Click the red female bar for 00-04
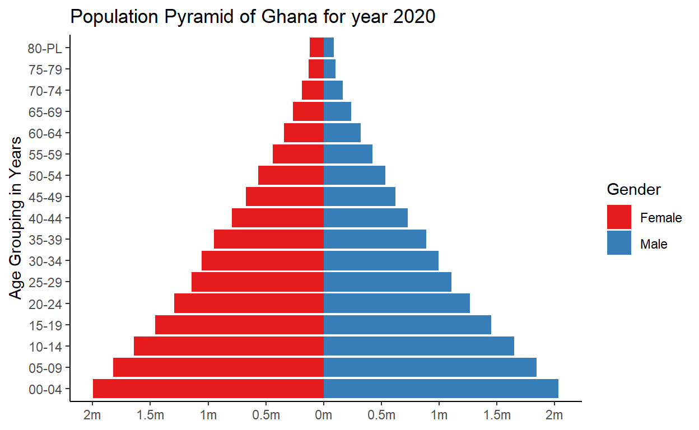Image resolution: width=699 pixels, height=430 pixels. click(208, 389)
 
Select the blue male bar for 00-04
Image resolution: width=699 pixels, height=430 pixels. click(441, 389)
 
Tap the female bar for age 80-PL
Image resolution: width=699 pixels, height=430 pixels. click(316, 48)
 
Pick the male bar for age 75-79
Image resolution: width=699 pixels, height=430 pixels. click(329, 69)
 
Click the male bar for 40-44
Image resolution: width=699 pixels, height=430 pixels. click(365, 218)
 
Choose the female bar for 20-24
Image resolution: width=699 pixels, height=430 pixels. click(249, 304)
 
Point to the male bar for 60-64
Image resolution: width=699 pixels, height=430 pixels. click(342, 133)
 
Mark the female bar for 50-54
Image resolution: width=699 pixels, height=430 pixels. click(291, 176)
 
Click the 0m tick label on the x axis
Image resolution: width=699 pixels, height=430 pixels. click(324, 415)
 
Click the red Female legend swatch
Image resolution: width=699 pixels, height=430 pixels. click(619, 217)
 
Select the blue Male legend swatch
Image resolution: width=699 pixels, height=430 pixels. click(619, 244)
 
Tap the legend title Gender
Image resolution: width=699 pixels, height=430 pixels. click(634, 190)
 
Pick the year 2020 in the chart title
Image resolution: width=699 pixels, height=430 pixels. click(414, 17)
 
